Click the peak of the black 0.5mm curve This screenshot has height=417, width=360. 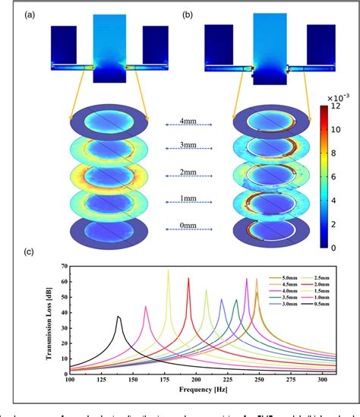click(118, 316)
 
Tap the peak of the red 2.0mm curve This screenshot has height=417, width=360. click(189, 278)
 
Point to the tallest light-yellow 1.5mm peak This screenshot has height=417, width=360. click(168, 270)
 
